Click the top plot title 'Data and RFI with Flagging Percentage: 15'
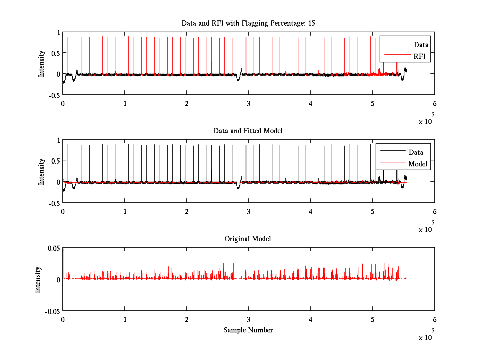(248, 23)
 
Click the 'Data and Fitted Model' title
(248, 131)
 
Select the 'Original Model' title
(248, 239)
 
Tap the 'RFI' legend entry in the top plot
(420, 56)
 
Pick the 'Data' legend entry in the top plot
(421, 45)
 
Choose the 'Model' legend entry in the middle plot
(418, 164)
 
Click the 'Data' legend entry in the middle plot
(416, 152)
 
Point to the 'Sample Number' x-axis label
(248, 330)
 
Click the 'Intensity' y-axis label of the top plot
(42, 64)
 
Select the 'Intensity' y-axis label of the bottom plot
(38, 280)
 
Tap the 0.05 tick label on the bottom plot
(54, 248)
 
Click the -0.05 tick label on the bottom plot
(52, 311)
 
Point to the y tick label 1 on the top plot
(58, 33)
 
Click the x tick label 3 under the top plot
(248, 103)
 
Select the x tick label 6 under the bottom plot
(434, 319)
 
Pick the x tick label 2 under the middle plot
(186, 211)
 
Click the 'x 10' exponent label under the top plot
(426, 121)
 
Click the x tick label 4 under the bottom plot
(310, 319)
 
